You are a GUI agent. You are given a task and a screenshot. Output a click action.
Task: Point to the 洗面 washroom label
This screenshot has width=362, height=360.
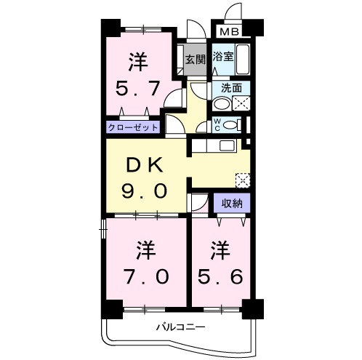(233, 88)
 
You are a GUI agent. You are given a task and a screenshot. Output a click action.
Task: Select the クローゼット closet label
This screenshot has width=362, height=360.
(133, 127)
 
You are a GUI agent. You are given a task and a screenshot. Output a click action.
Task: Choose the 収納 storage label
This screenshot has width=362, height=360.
(232, 203)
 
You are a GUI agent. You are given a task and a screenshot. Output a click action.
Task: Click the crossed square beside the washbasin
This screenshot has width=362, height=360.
(244, 103)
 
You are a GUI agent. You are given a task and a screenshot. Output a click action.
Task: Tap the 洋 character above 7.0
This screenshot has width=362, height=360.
(144, 251)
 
